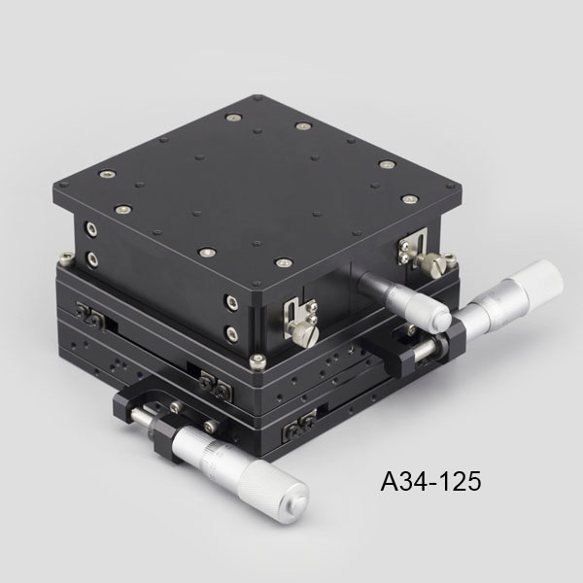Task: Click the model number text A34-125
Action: pos(430,481)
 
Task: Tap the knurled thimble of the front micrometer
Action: pos(273,491)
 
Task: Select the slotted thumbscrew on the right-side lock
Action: pos(434,264)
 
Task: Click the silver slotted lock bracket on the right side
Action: pos(413,246)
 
